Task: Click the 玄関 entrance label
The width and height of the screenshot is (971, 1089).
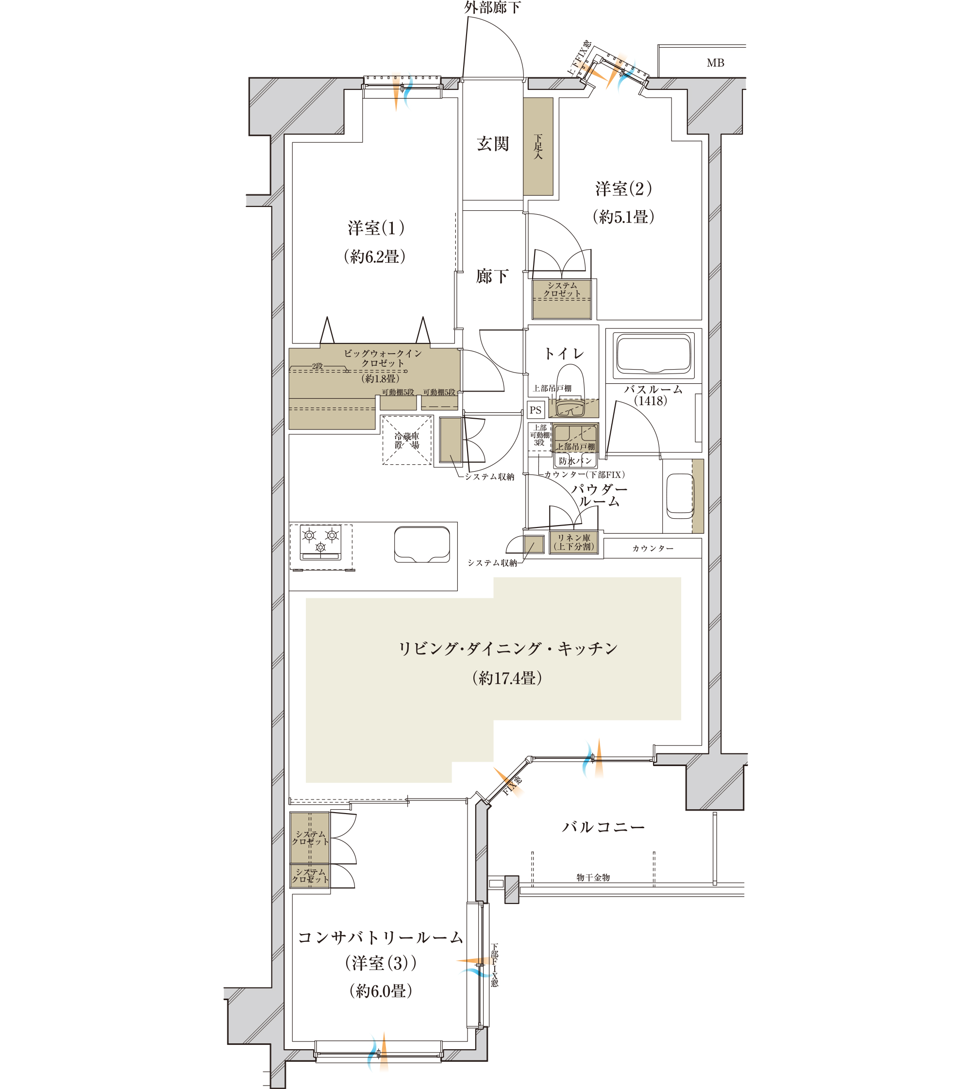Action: [x=492, y=144]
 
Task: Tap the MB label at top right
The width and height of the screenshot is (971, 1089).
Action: [x=715, y=63]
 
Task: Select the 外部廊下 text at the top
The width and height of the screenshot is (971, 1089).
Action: [x=492, y=7]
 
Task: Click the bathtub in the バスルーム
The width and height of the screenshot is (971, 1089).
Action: [x=653, y=354]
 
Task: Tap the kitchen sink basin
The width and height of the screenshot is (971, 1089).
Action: [x=422, y=544]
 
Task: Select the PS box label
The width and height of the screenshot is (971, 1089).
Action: [x=536, y=410]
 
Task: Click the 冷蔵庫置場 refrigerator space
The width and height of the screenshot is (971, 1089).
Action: [x=406, y=441]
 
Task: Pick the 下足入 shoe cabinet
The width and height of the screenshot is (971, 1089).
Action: [x=538, y=147]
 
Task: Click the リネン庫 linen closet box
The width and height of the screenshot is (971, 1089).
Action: [x=573, y=543]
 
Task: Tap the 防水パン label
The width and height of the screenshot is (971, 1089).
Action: [x=575, y=460]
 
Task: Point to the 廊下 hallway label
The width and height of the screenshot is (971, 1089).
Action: [x=492, y=276]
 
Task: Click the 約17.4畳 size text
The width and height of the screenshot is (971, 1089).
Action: [x=507, y=679]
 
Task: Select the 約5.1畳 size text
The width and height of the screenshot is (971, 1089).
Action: [x=623, y=217]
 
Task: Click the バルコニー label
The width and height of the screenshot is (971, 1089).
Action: [x=603, y=827]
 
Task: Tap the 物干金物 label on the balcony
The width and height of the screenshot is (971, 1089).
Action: [x=593, y=877]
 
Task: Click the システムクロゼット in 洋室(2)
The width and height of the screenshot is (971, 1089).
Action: [x=562, y=299]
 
